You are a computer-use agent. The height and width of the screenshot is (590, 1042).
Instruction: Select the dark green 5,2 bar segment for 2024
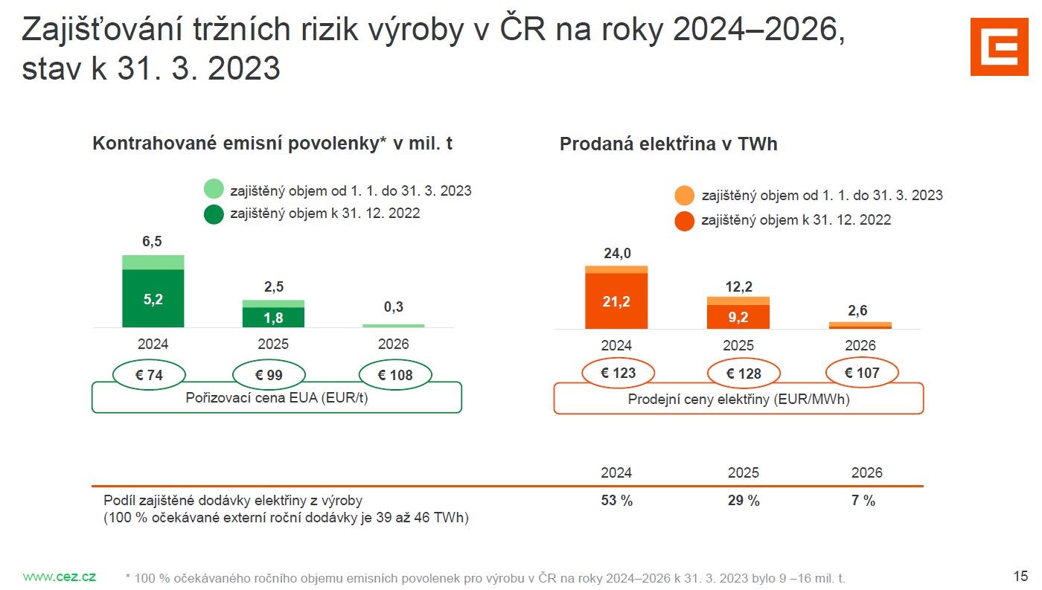point(153,298)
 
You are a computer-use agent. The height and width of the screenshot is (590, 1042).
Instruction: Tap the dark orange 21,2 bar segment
point(616,301)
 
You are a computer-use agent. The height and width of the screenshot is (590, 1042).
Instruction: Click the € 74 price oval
point(149,375)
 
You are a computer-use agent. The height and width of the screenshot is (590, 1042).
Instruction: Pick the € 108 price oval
point(395,375)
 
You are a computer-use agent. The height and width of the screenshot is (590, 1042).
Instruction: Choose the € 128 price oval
point(744,373)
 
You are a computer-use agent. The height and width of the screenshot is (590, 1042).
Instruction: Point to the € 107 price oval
point(862,372)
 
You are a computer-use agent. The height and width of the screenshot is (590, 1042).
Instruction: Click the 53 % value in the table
point(616,501)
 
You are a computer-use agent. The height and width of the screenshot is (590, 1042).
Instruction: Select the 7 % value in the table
point(863,501)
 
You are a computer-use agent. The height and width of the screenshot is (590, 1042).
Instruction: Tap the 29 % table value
point(744,501)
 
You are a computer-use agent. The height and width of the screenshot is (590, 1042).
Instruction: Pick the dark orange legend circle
point(685,220)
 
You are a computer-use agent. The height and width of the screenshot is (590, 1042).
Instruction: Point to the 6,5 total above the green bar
point(153,241)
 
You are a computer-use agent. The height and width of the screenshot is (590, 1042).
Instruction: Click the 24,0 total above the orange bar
point(616,254)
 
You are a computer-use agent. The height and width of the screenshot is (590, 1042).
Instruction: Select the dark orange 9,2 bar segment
point(738,316)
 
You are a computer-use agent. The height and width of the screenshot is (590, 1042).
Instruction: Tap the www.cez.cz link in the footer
point(59,577)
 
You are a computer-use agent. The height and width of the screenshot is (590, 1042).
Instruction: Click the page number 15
point(1020,576)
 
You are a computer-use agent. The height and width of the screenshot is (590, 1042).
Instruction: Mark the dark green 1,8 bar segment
point(273,318)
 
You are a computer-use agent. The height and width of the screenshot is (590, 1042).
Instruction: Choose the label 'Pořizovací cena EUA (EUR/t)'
point(276,397)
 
